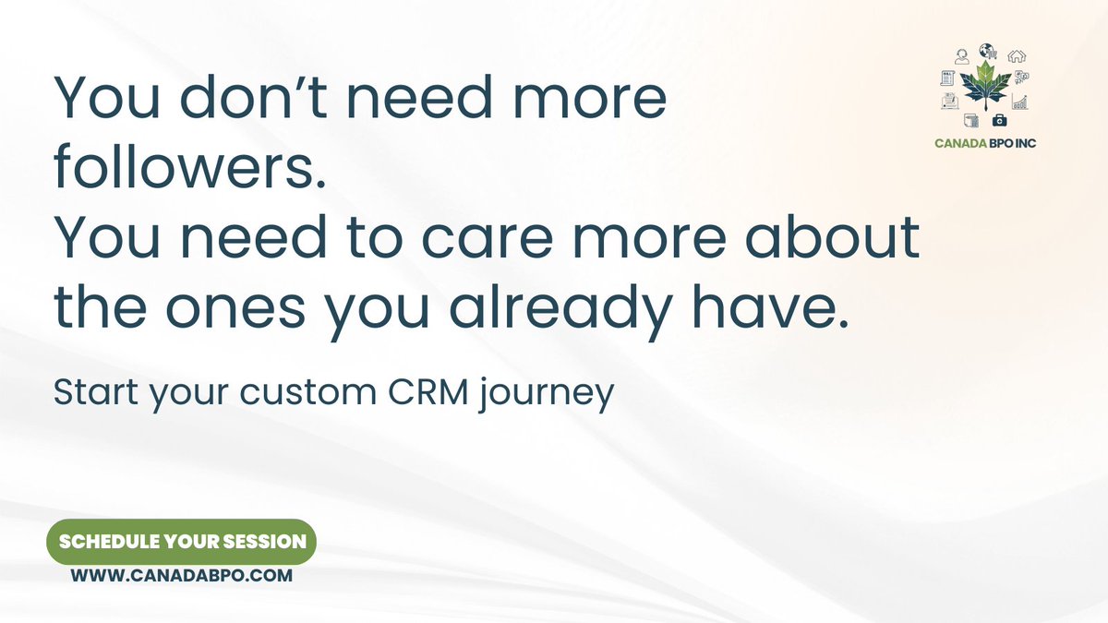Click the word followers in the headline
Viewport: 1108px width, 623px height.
tap(188, 166)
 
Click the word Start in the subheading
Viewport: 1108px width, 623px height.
tap(89, 392)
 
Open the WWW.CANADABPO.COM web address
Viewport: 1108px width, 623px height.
tap(182, 575)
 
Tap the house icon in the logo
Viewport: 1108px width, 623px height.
tap(1016, 55)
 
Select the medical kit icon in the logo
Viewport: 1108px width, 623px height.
tap(999, 120)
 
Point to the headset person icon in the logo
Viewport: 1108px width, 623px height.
tap(961, 56)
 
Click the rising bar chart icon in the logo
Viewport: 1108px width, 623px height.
tap(1020, 101)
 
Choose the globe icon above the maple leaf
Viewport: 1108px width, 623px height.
tap(988, 51)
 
